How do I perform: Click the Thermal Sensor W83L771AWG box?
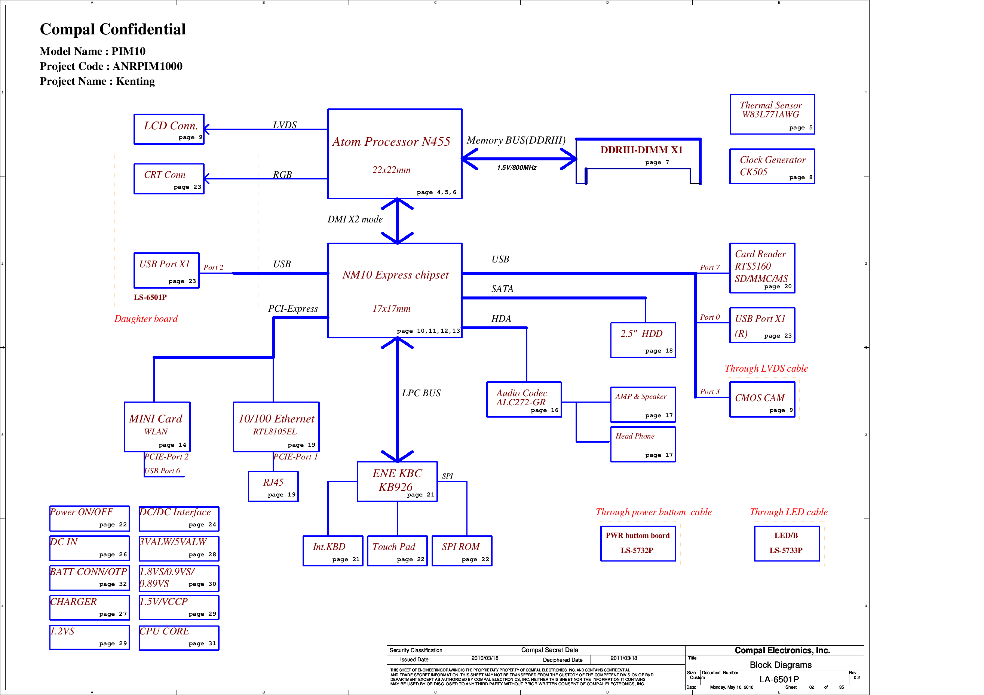(772, 114)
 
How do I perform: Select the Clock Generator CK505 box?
(772, 166)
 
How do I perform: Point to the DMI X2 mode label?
(355, 219)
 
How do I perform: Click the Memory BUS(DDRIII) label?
(516, 141)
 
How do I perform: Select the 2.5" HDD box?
(643, 340)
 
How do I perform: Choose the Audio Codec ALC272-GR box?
(524, 399)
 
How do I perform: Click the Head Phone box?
(643, 445)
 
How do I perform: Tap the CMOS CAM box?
(762, 399)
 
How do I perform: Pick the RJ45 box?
(273, 486)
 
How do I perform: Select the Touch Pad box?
(397, 551)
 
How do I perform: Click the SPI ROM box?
(462, 551)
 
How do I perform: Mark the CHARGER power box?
(89, 607)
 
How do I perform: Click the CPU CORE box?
(179, 637)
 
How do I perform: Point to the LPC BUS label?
(421, 393)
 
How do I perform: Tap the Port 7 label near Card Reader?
(710, 267)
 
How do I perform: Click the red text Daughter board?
(146, 319)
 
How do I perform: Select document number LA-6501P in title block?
(779, 679)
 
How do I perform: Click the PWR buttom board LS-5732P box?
(638, 543)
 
